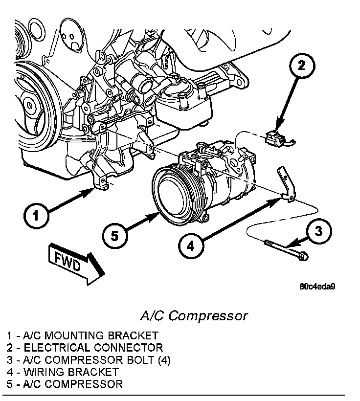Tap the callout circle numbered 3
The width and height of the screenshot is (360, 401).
pos(318,230)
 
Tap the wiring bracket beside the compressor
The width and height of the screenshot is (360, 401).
pos(287,183)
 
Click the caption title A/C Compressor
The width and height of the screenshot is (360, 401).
pos(194,315)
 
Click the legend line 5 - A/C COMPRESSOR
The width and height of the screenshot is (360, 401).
pos(65,384)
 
